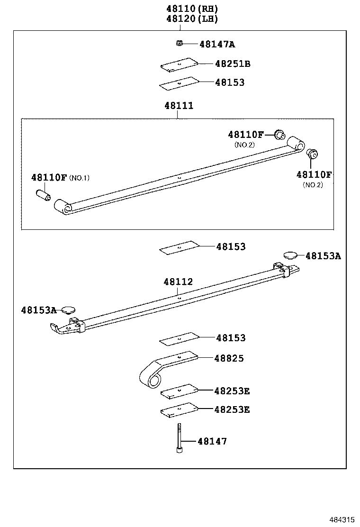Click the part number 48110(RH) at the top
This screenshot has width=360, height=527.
pyautogui.click(x=192, y=9)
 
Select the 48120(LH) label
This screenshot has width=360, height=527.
pyautogui.click(x=192, y=19)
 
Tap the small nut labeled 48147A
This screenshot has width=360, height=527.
pyautogui.click(x=179, y=44)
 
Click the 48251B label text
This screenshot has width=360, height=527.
pyautogui.click(x=232, y=64)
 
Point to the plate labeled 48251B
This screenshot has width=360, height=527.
pyautogui.click(x=179, y=65)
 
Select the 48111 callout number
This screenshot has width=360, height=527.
pyautogui.click(x=179, y=106)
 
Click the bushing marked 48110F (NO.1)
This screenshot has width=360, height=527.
pyautogui.click(x=43, y=195)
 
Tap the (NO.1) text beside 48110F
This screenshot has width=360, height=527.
pyautogui.click(x=79, y=178)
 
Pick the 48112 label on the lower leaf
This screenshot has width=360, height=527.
pyautogui.click(x=178, y=282)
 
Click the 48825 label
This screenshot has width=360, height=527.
pyautogui.click(x=229, y=359)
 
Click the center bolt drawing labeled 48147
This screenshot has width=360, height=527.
pyautogui.click(x=180, y=438)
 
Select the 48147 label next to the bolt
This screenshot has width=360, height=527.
pyautogui.click(x=212, y=442)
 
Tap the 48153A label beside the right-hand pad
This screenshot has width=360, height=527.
pyautogui.click(x=323, y=256)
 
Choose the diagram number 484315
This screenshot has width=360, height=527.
pyautogui.click(x=342, y=520)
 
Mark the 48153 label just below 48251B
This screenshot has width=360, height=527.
pyautogui.click(x=230, y=82)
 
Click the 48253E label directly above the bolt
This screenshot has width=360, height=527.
pyautogui.click(x=232, y=409)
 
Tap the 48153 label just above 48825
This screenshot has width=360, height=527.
pyautogui.click(x=231, y=338)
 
